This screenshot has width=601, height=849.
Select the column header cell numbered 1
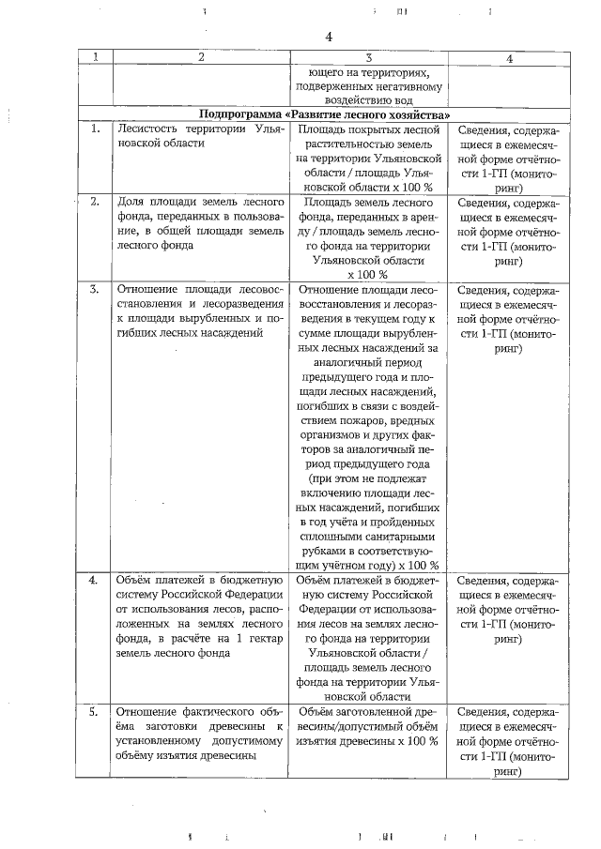(x=95, y=58)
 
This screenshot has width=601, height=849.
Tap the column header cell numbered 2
(x=200, y=58)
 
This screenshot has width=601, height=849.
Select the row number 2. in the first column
(x=95, y=202)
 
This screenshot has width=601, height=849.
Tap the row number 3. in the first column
(x=95, y=289)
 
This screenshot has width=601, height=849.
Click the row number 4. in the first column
(x=95, y=580)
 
